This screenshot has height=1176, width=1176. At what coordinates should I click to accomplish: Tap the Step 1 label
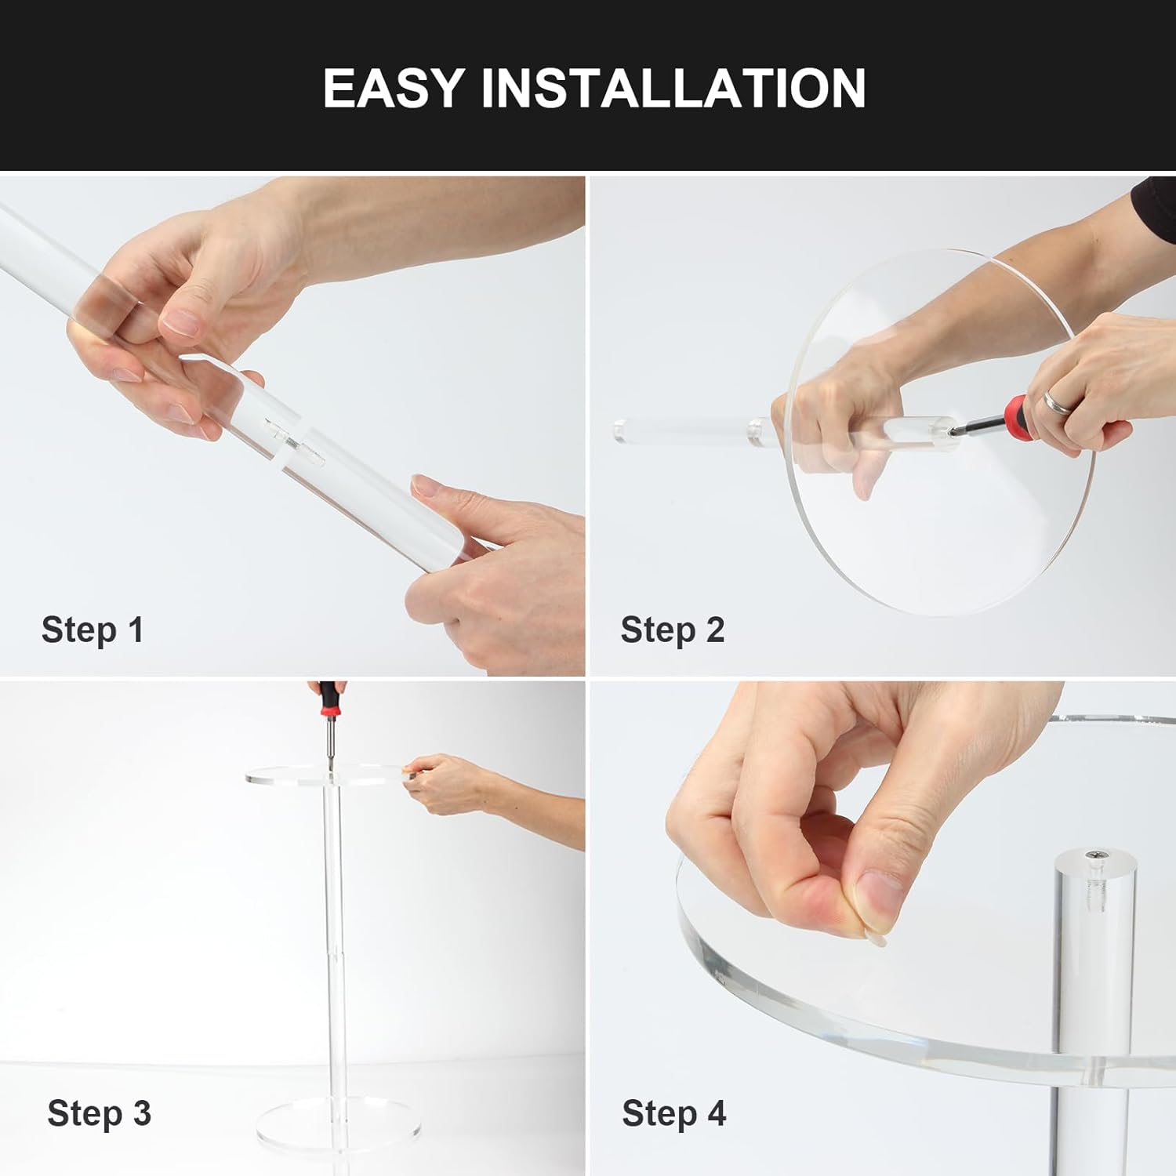93,630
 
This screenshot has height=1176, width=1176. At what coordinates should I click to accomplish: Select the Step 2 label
673,630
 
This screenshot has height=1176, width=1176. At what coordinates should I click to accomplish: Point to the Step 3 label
99,1113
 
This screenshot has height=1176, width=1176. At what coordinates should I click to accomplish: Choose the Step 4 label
674,1113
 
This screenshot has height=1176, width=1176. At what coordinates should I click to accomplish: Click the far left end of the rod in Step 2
615,430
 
